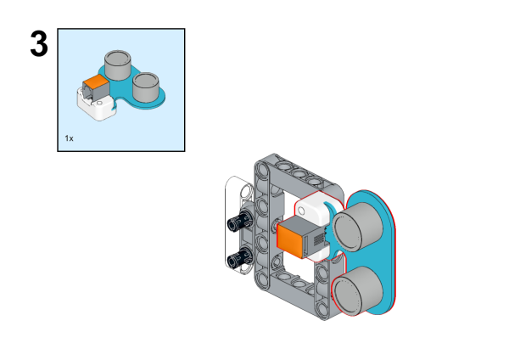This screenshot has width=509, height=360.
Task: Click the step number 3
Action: pos(39,44)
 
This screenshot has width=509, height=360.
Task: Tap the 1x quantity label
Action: pos(70,137)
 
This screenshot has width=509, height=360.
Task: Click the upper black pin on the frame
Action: pos(238,222)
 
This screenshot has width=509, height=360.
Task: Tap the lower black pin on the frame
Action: pos(238,257)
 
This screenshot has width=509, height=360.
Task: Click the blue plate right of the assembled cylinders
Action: pos(386,255)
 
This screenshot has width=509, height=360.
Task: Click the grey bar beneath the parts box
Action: pos(150,157)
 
